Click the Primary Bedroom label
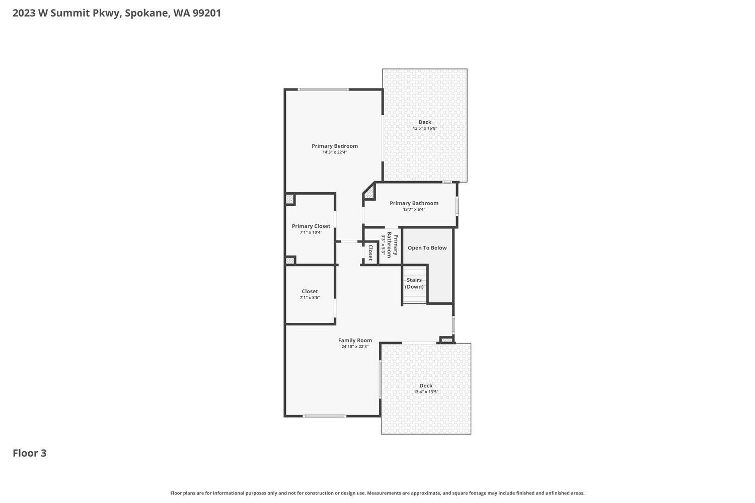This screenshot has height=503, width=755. point(334,146)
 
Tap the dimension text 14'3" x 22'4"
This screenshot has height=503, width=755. point(334,152)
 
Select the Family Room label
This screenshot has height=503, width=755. point(355,340)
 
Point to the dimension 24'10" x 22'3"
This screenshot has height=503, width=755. point(355,347)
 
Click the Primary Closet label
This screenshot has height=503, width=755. point(311,226)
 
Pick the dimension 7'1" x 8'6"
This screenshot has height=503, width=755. point(310,298)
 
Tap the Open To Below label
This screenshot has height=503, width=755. point(427,247)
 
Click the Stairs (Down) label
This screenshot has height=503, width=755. point(414,283)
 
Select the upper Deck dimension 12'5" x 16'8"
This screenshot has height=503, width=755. point(425,128)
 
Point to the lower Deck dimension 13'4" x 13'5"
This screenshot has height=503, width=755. point(426,392)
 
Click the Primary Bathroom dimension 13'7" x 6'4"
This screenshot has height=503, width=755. point(414,210)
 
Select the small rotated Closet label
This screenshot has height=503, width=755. point(370,253)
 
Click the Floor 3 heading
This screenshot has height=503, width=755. point(29,453)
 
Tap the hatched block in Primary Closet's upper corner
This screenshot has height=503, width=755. point(290,199)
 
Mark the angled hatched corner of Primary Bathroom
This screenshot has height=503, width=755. point(369,192)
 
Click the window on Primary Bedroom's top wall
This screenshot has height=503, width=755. point(322,90)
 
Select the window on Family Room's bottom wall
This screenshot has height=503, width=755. point(324,416)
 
